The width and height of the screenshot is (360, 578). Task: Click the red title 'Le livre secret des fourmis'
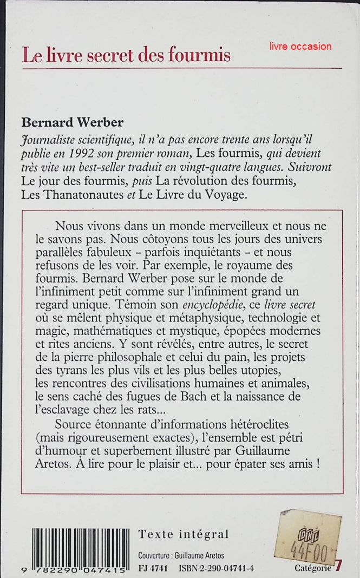click(126, 55)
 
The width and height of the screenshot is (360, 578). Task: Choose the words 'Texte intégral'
click(183, 534)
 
